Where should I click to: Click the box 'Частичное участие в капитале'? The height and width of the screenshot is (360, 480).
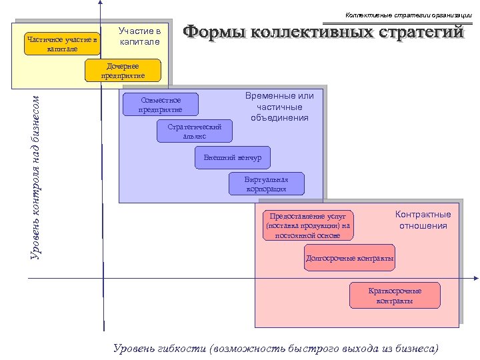tap(61, 44)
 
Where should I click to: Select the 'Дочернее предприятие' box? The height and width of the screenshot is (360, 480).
tap(123, 71)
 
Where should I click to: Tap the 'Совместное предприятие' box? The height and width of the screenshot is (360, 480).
tap(160, 105)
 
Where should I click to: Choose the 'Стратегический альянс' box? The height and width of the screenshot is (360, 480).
tap(195, 131)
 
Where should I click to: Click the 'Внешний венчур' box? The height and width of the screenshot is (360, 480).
tap(232, 157)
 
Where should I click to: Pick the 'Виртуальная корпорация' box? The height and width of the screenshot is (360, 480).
tap(266, 184)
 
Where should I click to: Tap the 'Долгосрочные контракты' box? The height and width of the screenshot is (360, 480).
tap(349, 259)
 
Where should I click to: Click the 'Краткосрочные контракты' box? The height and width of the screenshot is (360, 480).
tap(395, 295)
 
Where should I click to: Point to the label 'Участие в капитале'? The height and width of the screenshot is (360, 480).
tap(139, 37)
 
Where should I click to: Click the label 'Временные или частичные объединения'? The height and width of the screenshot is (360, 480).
tap(279, 107)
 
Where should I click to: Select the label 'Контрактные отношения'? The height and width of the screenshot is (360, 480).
tap(423, 220)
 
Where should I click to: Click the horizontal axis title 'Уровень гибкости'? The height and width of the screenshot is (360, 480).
tap(160, 348)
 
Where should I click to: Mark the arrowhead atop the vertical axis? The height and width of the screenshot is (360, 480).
tap(99, 3)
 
